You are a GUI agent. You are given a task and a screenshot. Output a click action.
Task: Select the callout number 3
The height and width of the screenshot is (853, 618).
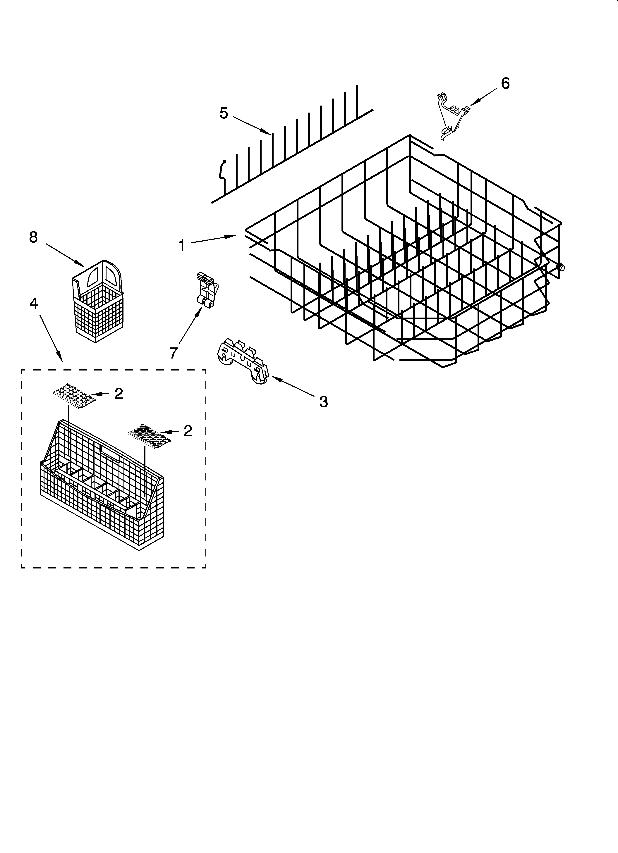(x=323, y=402)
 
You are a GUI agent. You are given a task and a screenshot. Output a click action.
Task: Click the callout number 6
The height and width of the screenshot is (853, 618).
(x=505, y=84)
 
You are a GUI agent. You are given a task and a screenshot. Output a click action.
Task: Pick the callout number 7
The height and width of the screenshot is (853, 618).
(x=173, y=353)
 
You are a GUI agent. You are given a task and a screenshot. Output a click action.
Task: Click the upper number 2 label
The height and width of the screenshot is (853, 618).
(x=119, y=394)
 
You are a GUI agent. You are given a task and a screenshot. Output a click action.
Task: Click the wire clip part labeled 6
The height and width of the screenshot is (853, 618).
(x=452, y=117)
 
